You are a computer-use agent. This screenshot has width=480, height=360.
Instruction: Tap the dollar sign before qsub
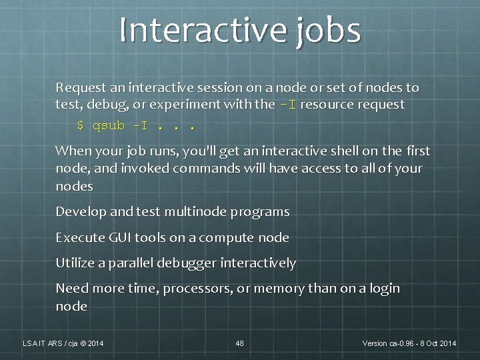(x=81, y=125)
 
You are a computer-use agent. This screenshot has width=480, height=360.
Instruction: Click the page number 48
(x=240, y=343)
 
